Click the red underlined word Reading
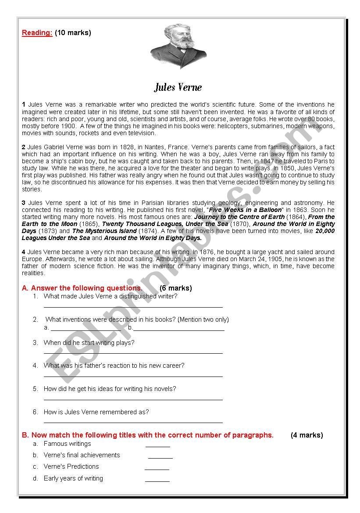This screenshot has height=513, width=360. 37,32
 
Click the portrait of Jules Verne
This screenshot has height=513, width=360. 178,46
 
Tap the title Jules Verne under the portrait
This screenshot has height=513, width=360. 178,87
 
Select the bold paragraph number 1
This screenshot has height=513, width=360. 24,104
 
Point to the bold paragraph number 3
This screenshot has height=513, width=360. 24,203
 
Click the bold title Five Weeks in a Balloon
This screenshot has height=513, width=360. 245,210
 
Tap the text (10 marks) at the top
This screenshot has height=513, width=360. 73,32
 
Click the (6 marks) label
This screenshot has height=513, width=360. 175,288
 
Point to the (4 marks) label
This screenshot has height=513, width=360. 307,435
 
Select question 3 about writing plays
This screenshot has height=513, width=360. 89,343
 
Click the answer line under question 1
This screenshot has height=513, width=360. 133,307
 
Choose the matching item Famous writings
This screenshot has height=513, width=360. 68,444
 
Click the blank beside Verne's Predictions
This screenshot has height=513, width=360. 157,469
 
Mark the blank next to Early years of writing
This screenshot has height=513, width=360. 157,481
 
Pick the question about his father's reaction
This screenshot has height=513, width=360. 114,366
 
